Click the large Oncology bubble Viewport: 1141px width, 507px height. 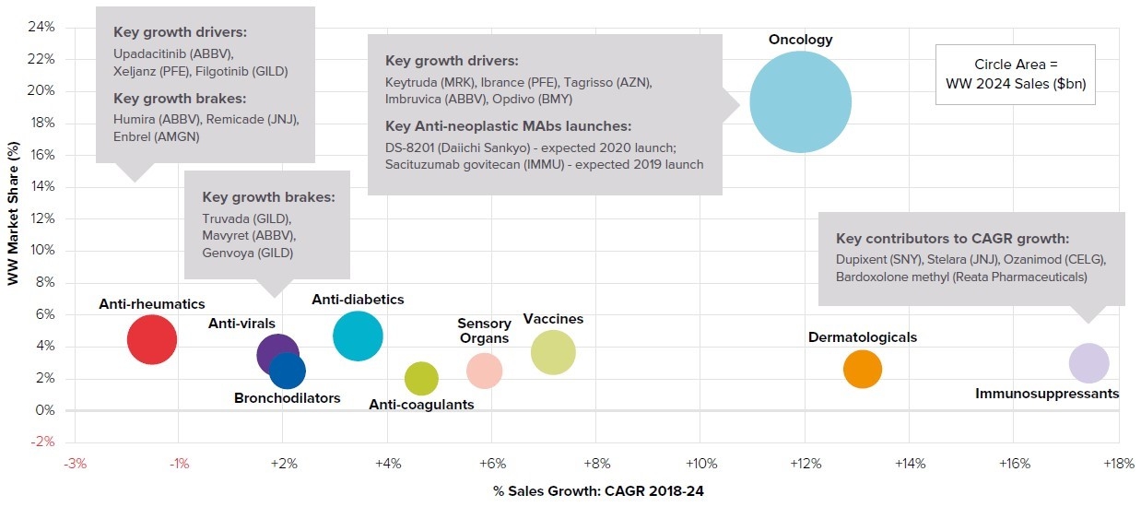tap(799, 101)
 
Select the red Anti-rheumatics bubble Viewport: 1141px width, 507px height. tap(151, 339)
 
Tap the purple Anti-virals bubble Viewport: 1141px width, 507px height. tap(277, 354)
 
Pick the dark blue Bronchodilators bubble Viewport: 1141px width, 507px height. tap(288, 371)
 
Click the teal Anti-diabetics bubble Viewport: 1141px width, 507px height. tap(358, 336)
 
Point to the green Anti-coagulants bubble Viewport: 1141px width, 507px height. tap(421, 378)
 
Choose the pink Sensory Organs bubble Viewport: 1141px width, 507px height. tap(484, 371)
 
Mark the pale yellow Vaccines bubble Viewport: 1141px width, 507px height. tap(553, 352)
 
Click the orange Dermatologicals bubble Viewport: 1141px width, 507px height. tap(862, 370)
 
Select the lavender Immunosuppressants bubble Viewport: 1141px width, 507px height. tap(1088, 362)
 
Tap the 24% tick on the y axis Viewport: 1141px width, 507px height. tap(42, 28)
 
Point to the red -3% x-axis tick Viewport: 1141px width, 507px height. tap(75, 463)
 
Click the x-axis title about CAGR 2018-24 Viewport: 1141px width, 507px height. tap(598, 491)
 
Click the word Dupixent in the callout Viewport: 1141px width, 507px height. tap(864, 259)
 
